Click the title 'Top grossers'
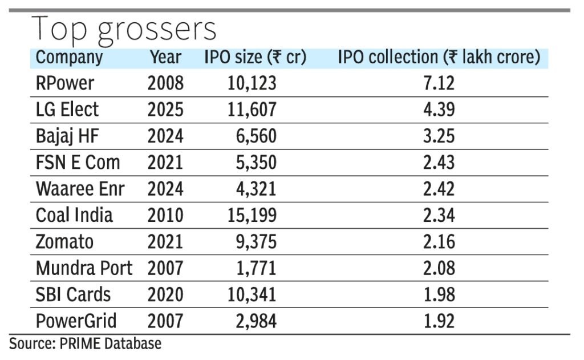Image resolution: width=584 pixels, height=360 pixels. [x=124, y=29]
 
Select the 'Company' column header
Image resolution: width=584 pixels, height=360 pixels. [x=69, y=58]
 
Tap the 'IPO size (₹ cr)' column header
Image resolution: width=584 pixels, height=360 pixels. [x=255, y=58]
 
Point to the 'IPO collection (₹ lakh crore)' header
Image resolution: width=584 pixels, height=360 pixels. [x=439, y=58]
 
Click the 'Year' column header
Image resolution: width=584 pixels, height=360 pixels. [x=165, y=58]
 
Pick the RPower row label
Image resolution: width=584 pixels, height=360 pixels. [x=64, y=83]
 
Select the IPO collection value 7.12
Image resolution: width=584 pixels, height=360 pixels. [x=439, y=83]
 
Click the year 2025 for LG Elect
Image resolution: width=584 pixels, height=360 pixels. [x=165, y=110]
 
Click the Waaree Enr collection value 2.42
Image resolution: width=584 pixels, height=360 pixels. [x=439, y=189]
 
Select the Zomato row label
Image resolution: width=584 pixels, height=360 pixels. [x=64, y=242]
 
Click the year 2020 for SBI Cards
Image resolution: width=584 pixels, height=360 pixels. [x=165, y=294]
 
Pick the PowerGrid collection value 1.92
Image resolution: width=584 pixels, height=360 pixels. [x=439, y=321]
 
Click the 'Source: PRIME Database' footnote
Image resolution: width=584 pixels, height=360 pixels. [x=85, y=343]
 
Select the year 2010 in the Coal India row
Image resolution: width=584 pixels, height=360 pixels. [x=165, y=215]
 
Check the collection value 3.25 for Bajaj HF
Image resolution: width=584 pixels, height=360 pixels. [x=439, y=136]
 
